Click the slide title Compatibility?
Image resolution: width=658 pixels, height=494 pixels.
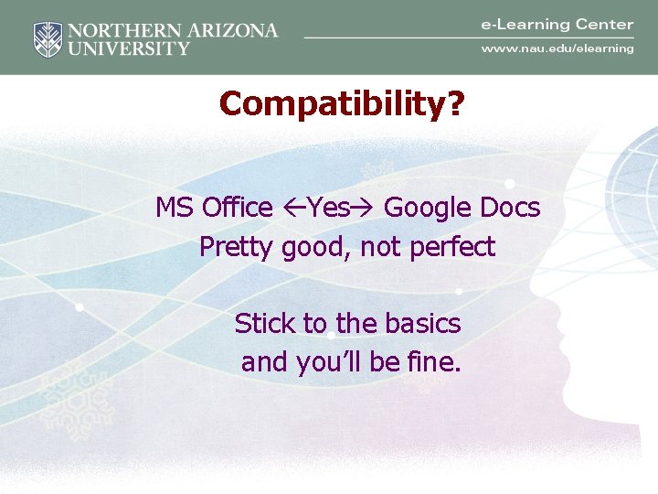tap(342, 104)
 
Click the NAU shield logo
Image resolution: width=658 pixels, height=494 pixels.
tap(48, 39)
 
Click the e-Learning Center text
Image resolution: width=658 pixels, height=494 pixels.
tap(557, 25)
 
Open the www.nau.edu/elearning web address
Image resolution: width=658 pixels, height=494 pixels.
tap(557, 48)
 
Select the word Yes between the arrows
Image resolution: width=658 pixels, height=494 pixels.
tap(328, 209)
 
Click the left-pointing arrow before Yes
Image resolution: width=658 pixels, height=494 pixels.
tap(293, 209)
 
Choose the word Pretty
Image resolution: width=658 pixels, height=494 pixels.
tap(237, 248)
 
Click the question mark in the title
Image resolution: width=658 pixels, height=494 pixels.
tap(454, 104)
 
